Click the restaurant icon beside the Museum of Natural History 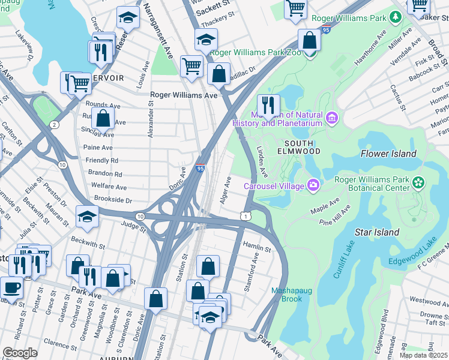click(269, 106)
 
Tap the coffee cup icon click(11, 287)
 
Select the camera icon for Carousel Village click(313, 185)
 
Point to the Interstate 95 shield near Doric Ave click(200, 170)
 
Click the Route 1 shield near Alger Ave click(245, 215)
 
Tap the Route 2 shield click(54, 124)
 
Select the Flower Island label click(388, 154)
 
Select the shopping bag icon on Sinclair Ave click(103, 118)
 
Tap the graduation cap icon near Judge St click(88, 217)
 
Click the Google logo click(20, 353)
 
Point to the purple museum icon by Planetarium click(331, 115)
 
